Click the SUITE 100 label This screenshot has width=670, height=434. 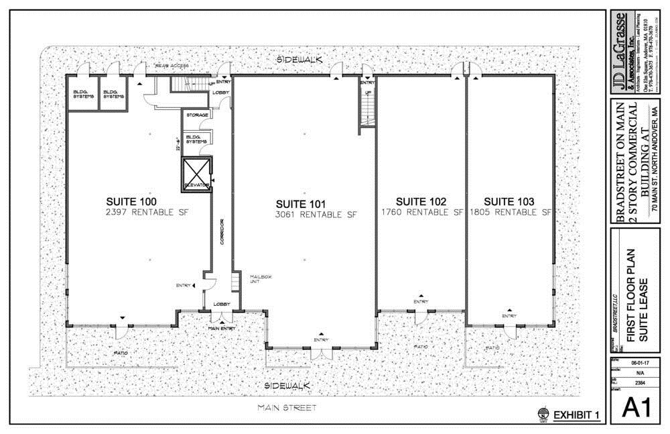coord(131,201)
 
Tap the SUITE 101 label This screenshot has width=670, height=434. coord(301,204)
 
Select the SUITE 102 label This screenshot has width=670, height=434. coord(421,201)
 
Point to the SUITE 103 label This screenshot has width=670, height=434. coord(509,201)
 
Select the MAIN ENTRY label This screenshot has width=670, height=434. coord(222,328)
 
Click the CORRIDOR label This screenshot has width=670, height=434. coord(221,231)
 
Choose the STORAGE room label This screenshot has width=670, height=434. coord(198,115)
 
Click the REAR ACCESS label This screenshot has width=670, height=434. coord(172,66)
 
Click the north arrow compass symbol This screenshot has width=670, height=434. coord(542,415)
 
